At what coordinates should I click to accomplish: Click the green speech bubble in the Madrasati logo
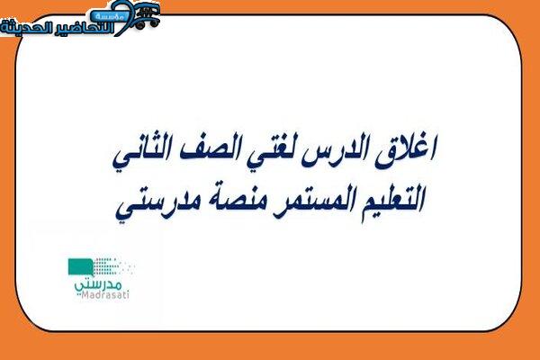[81, 267]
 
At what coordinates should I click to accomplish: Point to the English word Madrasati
[102, 295]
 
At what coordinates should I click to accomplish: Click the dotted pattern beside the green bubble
[113, 266]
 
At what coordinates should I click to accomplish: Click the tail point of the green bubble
[93, 275]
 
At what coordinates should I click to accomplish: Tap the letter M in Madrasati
[78, 295]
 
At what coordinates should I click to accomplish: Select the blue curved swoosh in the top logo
[125, 17]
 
